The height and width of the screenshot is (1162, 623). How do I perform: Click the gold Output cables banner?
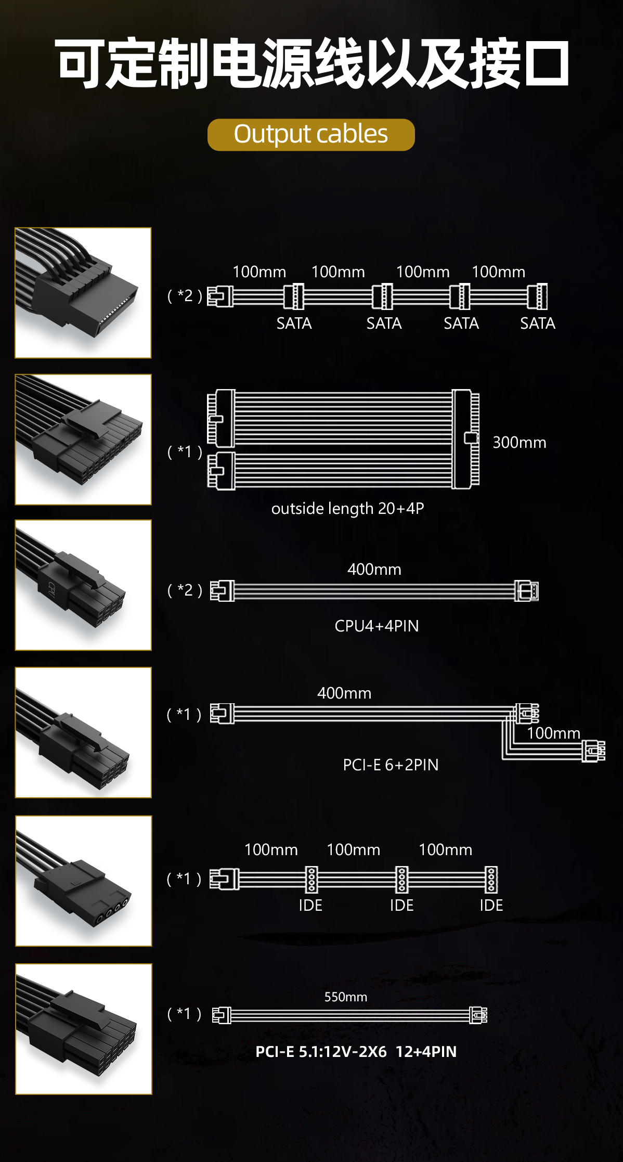[x=311, y=135]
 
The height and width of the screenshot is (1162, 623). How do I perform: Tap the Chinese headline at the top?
[x=311, y=63]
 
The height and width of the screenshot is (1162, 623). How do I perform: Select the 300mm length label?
[x=520, y=442]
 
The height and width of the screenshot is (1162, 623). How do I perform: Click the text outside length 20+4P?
[x=347, y=508]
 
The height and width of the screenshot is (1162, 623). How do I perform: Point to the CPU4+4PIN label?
[x=377, y=626]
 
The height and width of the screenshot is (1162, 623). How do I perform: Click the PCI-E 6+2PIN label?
[x=391, y=765]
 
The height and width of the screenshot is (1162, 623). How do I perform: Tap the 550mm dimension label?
[x=346, y=997]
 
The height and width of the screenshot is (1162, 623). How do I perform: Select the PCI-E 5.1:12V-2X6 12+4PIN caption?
[x=356, y=1051]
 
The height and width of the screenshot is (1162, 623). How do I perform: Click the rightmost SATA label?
[x=538, y=324]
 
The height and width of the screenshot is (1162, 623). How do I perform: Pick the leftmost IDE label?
[x=310, y=905]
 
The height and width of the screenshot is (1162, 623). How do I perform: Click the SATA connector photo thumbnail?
[x=83, y=293]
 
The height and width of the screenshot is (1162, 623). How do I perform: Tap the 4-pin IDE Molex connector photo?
[x=84, y=881]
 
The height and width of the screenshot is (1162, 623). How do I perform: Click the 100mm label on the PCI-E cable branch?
[x=553, y=733]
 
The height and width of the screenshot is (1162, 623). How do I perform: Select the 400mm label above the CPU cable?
[x=374, y=569]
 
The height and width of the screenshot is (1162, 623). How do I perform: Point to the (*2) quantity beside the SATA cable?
[x=185, y=295]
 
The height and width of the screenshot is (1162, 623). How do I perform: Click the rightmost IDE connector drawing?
[x=491, y=879]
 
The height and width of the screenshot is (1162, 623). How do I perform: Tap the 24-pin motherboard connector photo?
[x=83, y=440]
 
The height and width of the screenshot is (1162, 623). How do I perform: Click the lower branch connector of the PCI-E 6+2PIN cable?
[x=593, y=751]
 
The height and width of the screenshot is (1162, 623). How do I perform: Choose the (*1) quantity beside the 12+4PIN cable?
[x=184, y=1013]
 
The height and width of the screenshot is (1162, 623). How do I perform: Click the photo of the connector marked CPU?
[x=83, y=585]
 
